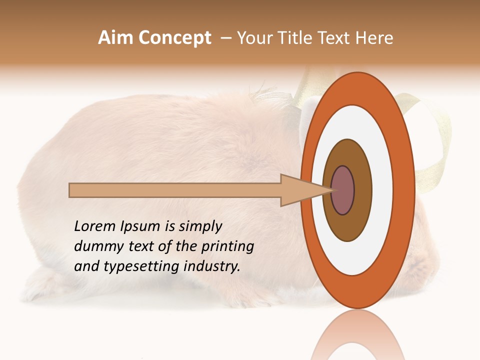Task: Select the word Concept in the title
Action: point(174,38)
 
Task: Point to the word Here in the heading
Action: point(374,38)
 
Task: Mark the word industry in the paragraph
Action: point(210,266)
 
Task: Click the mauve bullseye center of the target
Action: point(342,190)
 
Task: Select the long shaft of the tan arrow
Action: point(175,190)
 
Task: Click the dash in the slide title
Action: point(225,38)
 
